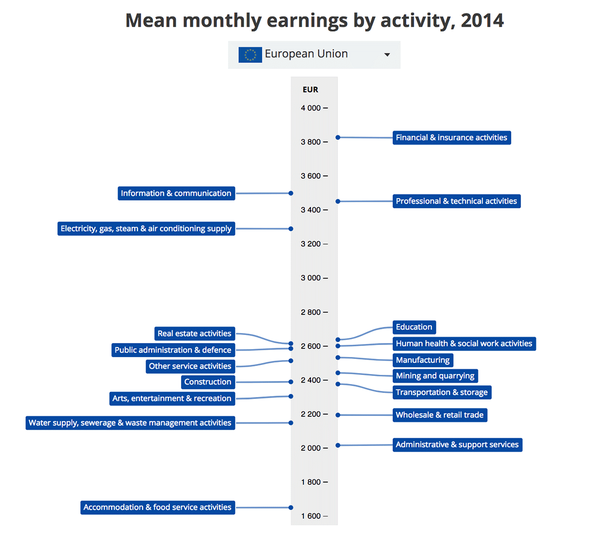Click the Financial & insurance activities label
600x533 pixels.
click(x=451, y=137)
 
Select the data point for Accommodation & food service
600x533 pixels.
click(x=291, y=507)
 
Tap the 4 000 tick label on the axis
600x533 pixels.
click(x=310, y=108)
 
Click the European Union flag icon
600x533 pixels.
click(x=250, y=54)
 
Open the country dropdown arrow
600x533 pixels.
click(x=387, y=54)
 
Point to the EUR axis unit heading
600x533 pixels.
click(x=310, y=89)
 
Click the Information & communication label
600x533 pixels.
click(x=176, y=193)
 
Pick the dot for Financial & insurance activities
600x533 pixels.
click(x=338, y=137)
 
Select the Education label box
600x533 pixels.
click(x=414, y=327)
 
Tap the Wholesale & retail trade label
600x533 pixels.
click(x=439, y=415)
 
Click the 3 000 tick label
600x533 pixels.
click(x=310, y=278)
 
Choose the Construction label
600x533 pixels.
click(x=207, y=382)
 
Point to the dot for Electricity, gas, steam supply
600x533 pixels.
click(x=291, y=229)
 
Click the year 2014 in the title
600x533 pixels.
click(x=482, y=20)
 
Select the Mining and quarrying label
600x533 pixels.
click(x=435, y=376)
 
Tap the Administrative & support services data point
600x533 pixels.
click(x=338, y=445)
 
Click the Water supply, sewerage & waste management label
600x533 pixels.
click(x=130, y=423)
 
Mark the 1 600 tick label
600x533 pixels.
click(x=310, y=516)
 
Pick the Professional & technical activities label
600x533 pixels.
click(x=456, y=201)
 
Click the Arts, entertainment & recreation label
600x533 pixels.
click(x=171, y=398)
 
